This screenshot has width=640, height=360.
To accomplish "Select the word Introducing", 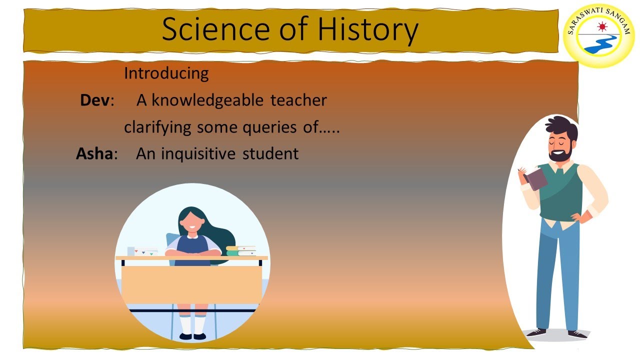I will click(166, 73).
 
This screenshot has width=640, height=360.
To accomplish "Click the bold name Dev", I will click(95, 100).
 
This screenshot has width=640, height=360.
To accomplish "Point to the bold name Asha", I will click(94, 153).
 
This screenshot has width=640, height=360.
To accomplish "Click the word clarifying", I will click(157, 127).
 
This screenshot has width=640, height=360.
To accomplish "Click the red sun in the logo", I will click(602, 26).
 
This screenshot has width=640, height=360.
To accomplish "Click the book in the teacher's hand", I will click(535, 178).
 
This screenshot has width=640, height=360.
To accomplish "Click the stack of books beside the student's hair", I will click(241, 250).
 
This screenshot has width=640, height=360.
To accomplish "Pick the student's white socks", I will click(192, 323).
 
